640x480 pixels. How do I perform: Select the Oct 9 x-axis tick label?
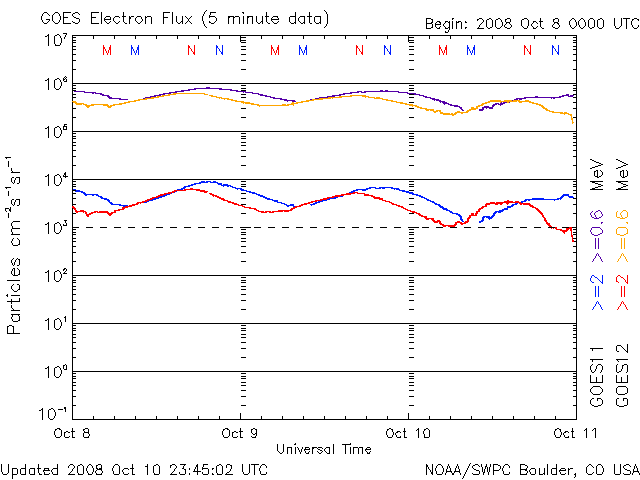pos(240,433)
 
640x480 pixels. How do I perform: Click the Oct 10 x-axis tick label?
pos(408,433)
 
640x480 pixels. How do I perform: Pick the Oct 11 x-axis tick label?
pos(571,433)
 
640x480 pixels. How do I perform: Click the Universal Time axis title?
pos(324,449)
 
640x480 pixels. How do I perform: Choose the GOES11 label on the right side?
pos(597,374)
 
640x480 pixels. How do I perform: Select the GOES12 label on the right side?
pos(622,374)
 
